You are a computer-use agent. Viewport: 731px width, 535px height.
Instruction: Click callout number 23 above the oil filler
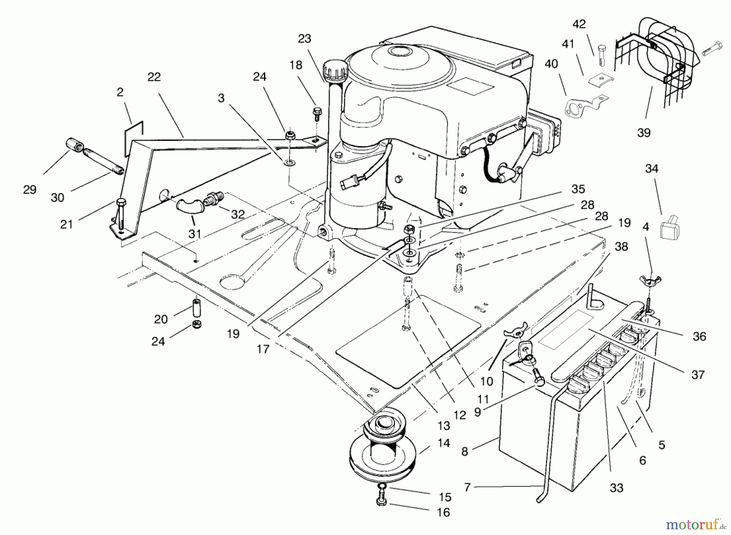[x=304, y=39]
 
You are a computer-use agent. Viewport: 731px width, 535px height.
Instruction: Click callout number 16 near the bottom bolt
[x=443, y=512]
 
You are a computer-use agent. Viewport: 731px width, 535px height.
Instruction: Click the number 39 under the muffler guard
[x=644, y=132]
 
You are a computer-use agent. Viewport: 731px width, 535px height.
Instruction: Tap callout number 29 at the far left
[x=30, y=189]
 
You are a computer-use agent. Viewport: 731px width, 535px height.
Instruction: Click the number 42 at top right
[x=579, y=24]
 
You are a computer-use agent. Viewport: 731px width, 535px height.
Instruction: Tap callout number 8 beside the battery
[x=465, y=451]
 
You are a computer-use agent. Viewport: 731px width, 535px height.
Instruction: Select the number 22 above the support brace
[x=154, y=77]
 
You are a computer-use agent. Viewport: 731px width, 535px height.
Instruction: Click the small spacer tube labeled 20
[x=197, y=309]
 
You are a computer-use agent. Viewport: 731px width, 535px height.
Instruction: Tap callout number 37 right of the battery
[x=698, y=375]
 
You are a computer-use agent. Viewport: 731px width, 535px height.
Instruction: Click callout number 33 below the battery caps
[x=616, y=487]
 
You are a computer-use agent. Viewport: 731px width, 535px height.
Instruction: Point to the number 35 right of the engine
[x=577, y=189]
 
